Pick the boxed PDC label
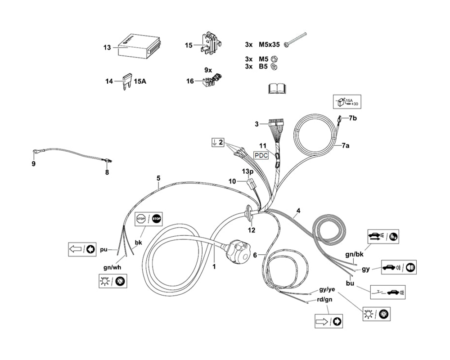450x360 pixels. tap(261, 155)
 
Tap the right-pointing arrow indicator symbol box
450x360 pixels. tap(328, 321)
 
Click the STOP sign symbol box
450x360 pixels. tap(149, 219)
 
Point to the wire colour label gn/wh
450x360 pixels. tap(112, 267)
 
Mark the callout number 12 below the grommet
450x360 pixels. tap(251, 230)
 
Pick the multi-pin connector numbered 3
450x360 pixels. tap(275, 125)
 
